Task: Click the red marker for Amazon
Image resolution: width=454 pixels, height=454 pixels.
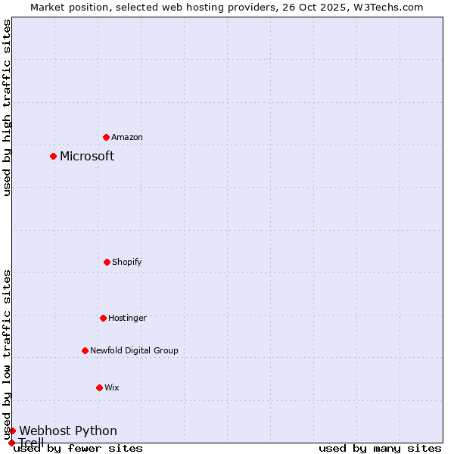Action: tap(106, 137)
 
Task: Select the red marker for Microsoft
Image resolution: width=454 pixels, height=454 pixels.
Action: tap(53, 157)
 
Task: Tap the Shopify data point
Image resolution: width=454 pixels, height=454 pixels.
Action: tap(107, 262)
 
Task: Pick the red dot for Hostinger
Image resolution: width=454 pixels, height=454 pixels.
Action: tap(103, 318)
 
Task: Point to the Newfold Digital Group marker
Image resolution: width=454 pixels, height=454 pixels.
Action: tap(85, 350)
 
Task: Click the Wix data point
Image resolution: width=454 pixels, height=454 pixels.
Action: tap(99, 387)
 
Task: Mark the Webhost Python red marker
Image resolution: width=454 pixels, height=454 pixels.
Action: tap(12, 431)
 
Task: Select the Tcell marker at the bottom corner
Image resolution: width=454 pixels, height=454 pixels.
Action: tap(11, 443)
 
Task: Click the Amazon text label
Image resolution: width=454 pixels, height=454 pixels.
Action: tap(127, 137)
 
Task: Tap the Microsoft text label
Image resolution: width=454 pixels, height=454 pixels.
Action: tap(87, 157)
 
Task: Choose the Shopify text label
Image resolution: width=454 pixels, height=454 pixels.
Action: tap(127, 262)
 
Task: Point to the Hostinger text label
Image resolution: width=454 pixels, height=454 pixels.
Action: tap(127, 318)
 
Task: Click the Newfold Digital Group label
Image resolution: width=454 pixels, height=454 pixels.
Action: tap(134, 350)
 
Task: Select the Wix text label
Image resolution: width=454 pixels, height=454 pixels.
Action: tap(112, 387)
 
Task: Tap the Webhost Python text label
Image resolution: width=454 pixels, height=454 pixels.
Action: tap(68, 431)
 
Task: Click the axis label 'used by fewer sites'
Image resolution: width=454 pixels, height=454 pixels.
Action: tap(78, 449)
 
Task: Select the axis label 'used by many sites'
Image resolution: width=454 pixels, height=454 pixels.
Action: tap(380, 449)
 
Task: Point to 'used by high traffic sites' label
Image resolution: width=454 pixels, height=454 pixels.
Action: tap(8, 107)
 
